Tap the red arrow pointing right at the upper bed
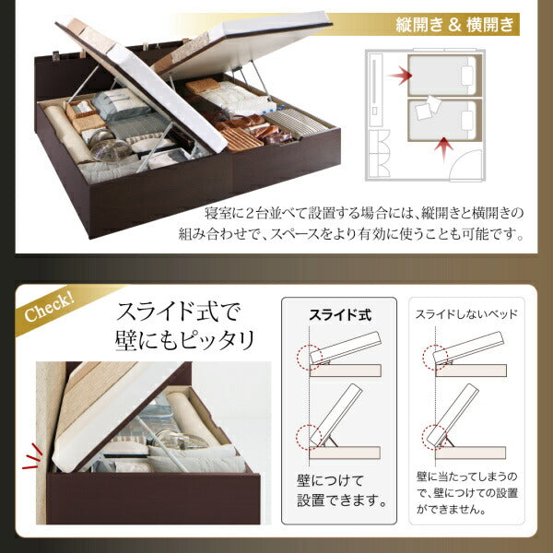401,73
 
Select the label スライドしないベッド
465,314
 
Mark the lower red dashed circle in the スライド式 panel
306,432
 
